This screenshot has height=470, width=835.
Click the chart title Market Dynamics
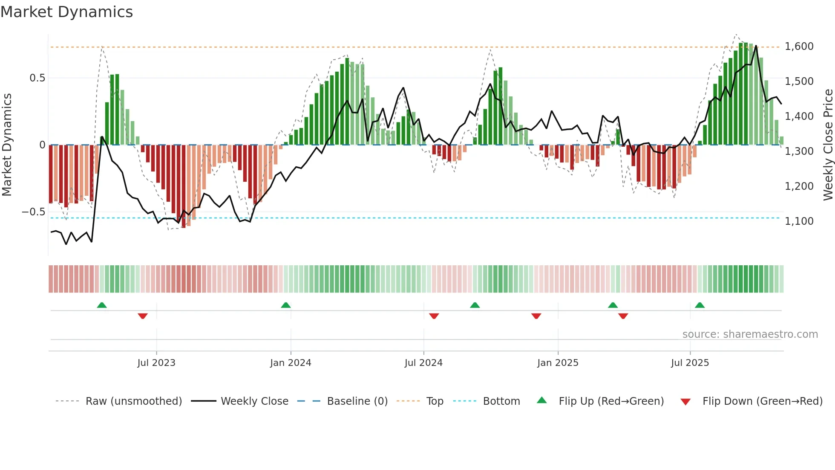[x=66, y=12]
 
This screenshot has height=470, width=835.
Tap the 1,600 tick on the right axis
[x=799, y=46]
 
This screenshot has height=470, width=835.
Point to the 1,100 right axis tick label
[x=799, y=221]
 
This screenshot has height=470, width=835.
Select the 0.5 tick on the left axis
[x=37, y=78]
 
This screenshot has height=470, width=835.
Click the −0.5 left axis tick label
[x=33, y=212]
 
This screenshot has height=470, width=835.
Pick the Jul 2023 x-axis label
[x=156, y=363]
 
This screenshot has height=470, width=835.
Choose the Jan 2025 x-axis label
[x=558, y=363]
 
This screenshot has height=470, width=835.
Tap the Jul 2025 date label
[x=690, y=363]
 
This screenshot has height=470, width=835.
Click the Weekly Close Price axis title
[x=828, y=145]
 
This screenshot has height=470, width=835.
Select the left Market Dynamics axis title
[x=7, y=145]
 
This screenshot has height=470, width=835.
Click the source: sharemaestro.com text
[x=750, y=334]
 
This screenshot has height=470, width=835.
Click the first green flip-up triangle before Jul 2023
[x=102, y=305]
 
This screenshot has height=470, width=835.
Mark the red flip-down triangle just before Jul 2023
[x=143, y=316]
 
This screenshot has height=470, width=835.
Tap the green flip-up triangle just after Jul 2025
[x=700, y=305]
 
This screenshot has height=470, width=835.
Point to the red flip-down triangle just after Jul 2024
[x=434, y=316]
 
